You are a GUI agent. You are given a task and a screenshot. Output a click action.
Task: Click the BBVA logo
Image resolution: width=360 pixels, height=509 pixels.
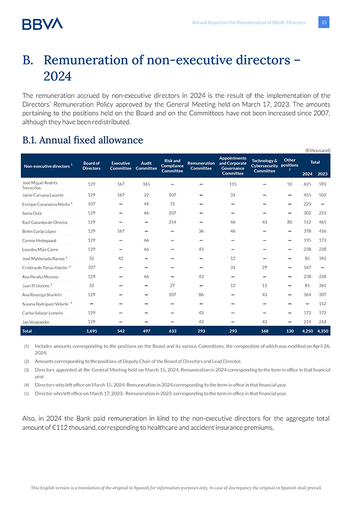42,23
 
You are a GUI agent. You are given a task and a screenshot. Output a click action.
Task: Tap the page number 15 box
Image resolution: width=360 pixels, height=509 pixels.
324,22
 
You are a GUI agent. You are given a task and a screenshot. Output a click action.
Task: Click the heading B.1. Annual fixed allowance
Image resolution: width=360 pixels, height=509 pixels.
83,140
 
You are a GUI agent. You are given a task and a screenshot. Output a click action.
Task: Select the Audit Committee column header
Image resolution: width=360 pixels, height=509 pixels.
146,165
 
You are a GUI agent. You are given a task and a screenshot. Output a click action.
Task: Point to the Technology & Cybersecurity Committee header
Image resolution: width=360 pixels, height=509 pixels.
265,165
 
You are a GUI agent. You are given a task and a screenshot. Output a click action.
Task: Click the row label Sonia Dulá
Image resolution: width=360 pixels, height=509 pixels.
35,213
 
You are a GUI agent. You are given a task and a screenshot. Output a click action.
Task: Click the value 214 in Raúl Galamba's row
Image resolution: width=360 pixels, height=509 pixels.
172,222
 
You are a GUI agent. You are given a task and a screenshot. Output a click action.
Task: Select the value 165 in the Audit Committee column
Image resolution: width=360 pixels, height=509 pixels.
146,183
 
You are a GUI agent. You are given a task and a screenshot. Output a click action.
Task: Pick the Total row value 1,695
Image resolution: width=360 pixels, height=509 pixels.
91,331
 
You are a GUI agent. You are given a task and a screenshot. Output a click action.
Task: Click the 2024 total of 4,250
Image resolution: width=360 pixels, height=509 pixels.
307,331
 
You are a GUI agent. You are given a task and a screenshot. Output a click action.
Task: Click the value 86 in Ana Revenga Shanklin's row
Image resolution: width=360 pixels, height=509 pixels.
201,294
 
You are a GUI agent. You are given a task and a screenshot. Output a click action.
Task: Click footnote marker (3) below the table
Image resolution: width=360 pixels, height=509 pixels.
26,369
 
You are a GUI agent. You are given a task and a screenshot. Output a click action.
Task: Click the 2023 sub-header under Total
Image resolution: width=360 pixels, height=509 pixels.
323,173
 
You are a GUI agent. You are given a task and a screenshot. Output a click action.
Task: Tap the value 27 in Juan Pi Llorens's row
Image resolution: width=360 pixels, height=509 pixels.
172,285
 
